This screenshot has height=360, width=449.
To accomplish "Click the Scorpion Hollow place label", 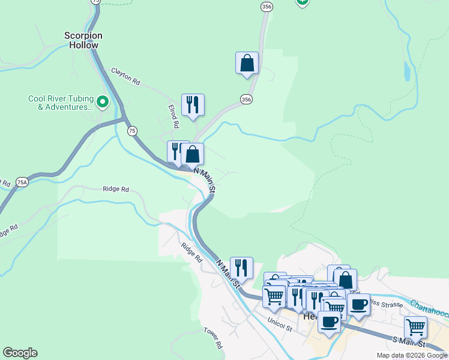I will point(83,40).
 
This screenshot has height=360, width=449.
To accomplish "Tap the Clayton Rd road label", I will point(125,77).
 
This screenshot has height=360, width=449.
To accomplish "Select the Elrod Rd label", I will point(173,116).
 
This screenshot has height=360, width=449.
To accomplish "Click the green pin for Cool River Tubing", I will point(103,103).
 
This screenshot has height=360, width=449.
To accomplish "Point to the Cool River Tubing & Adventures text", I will point(61,103).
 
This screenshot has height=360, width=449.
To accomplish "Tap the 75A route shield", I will point(22,182).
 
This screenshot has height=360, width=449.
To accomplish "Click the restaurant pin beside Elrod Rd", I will point(193,106).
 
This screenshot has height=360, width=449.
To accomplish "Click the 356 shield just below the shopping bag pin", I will point(246,100).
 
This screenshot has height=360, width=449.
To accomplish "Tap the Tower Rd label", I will point(213,338).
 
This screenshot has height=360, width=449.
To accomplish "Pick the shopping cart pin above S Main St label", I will point(415,328).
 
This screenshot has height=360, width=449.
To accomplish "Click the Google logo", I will point(20,353).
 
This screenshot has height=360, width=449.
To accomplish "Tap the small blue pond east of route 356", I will point(408,73).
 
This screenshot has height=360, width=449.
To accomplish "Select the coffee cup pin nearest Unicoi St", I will point(329,322).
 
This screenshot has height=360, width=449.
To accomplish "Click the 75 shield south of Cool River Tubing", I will point(132,130).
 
